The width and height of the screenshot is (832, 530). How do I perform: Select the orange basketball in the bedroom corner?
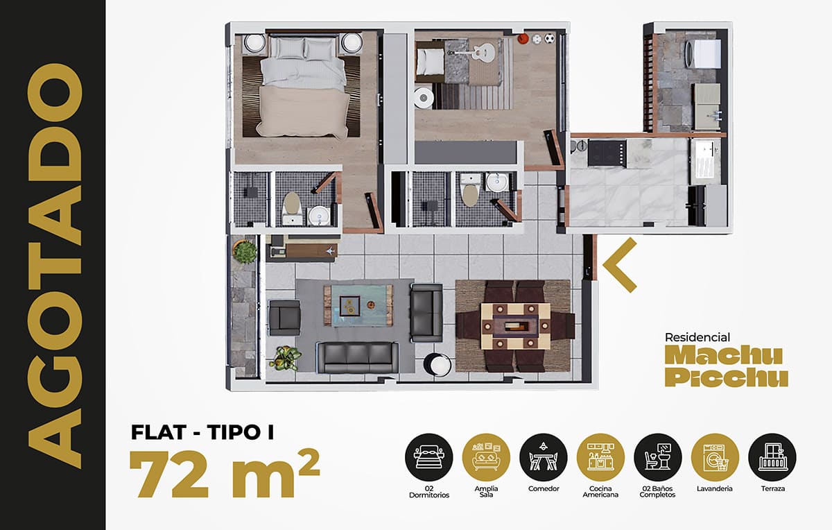(x=523, y=38)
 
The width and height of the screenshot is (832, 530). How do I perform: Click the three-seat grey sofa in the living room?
(x=357, y=357)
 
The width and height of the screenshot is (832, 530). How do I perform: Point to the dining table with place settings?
(x=516, y=326)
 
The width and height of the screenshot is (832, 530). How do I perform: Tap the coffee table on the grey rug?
(x=358, y=305)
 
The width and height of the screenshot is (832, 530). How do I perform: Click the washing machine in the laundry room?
(x=703, y=53)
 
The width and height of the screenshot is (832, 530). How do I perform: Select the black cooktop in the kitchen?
(x=607, y=153)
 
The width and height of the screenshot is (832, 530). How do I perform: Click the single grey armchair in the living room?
(x=284, y=318)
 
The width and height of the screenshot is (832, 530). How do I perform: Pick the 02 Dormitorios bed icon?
(x=429, y=456)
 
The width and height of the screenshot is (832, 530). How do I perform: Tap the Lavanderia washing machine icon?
(x=715, y=456)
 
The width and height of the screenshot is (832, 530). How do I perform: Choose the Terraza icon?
(x=772, y=456)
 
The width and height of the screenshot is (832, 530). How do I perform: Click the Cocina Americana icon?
(x=600, y=456)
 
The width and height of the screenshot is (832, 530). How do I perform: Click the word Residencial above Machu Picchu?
(x=697, y=337)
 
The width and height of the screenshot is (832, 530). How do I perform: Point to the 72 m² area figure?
(x=225, y=473)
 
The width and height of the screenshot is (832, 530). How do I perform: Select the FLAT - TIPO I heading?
(x=202, y=432)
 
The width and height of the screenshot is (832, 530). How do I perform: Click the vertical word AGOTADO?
(x=55, y=266)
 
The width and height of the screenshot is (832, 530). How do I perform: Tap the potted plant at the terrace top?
(x=245, y=252)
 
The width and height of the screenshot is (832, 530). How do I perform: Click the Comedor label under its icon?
(x=544, y=488)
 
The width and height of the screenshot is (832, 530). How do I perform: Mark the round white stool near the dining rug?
(x=437, y=365)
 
